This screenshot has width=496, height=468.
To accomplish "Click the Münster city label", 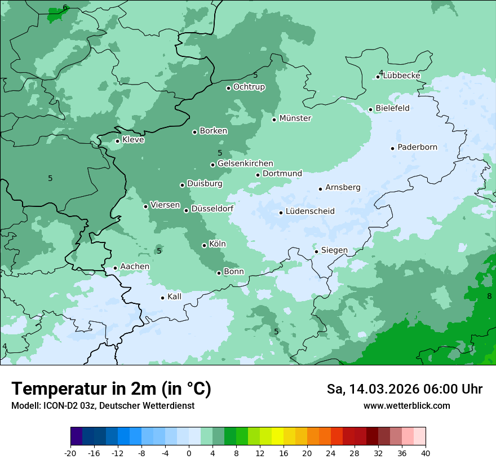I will tap(295, 118).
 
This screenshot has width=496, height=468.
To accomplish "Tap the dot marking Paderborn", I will tap(393, 148).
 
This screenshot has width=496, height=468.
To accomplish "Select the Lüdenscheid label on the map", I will tap(310, 211).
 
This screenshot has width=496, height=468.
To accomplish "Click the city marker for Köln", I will tap(205, 245).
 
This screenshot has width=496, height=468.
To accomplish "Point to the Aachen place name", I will tap(135, 267).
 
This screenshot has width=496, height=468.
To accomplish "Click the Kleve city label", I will tap(133, 140).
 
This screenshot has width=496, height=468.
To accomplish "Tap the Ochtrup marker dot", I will tap(229, 88).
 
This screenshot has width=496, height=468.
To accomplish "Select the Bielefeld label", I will tap(392, 108).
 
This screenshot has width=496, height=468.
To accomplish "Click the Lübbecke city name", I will tap(401, 76).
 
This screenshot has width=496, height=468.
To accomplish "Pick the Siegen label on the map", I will tap(334, 250).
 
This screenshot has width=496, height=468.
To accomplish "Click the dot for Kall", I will tap(163, 298).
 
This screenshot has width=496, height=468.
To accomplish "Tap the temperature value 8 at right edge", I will tap(489, 296).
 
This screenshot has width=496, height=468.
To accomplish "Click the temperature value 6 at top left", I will tap(65, 7).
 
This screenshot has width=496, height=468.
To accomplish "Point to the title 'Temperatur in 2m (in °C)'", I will tap(111, 389).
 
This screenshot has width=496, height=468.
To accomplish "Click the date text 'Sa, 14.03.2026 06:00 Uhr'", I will tap(404, 389).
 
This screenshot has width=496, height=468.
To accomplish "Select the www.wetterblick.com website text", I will tap(406, 406).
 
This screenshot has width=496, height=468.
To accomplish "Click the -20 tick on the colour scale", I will tap(70, 453).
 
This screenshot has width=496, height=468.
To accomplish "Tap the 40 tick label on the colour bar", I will tap(425, 453).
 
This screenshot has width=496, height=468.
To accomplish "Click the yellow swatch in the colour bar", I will tap(277, 436).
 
